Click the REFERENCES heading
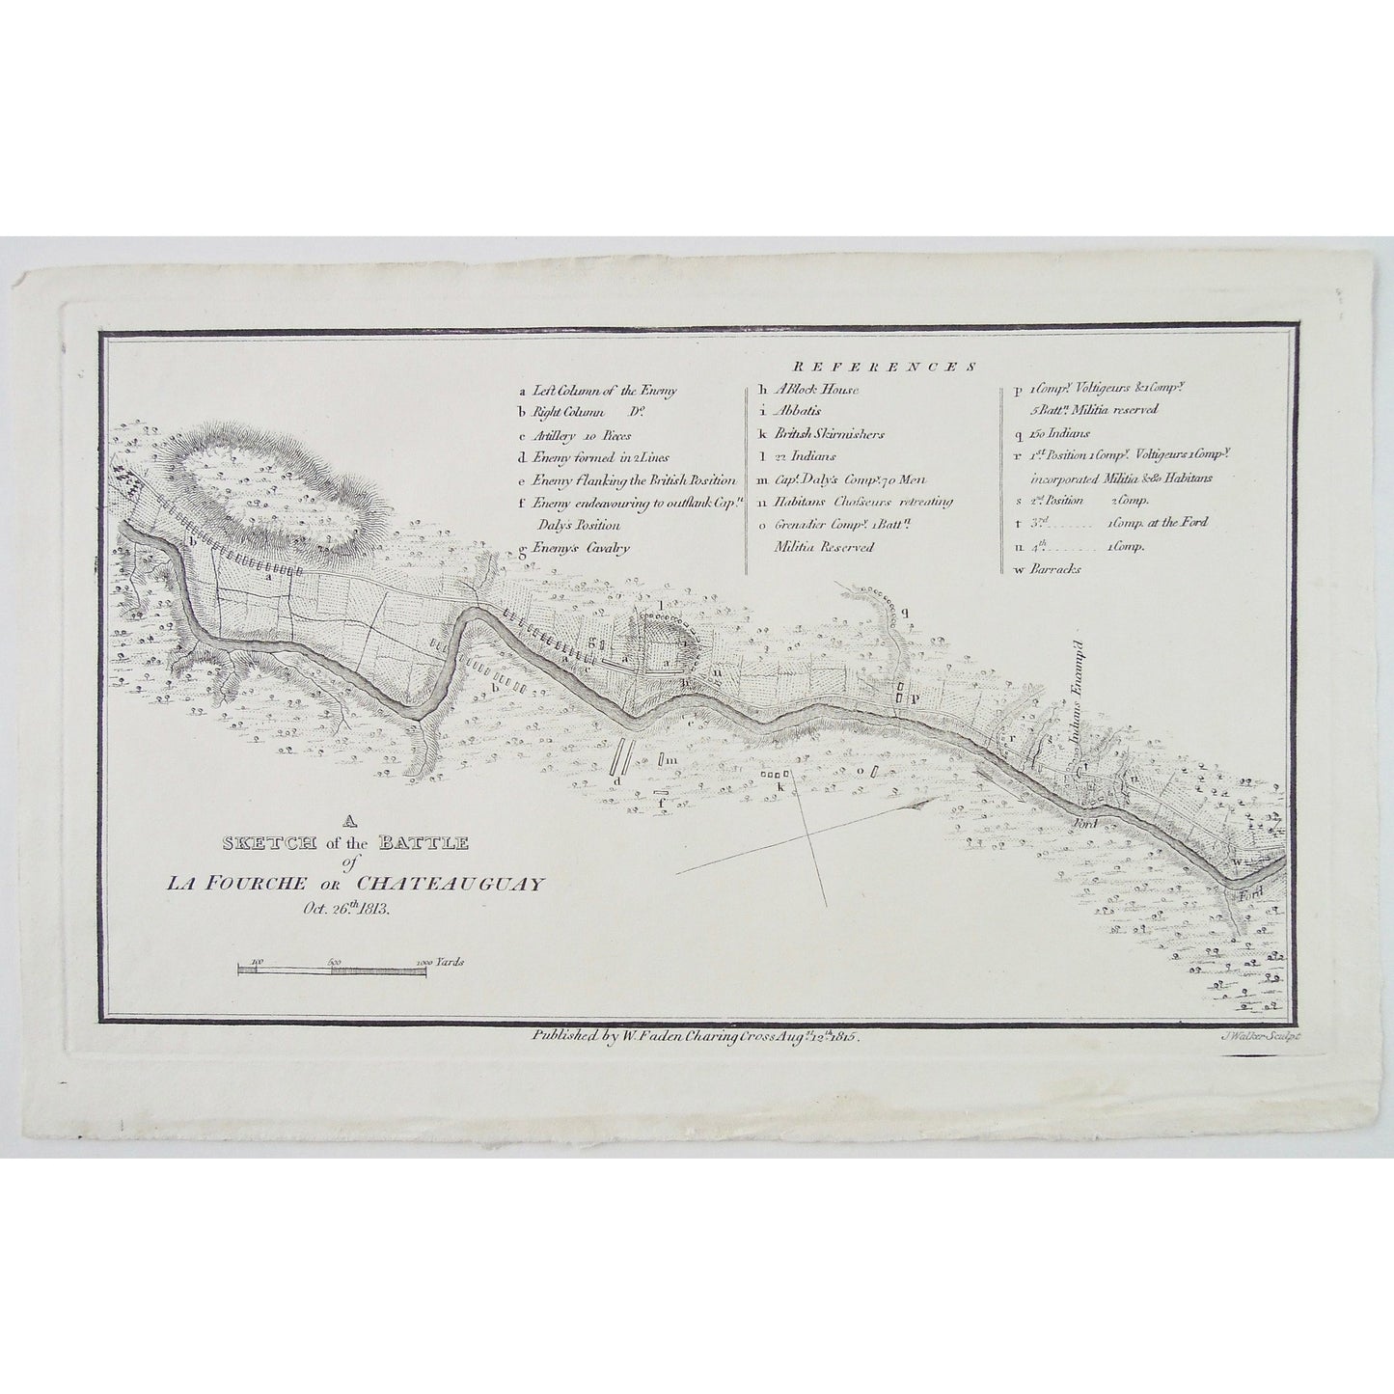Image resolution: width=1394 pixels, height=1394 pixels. (884, 368)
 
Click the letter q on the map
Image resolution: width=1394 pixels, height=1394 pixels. (904, 612)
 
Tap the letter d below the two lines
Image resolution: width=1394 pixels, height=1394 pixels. (615, 779)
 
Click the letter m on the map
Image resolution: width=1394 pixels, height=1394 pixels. (672, 761)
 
